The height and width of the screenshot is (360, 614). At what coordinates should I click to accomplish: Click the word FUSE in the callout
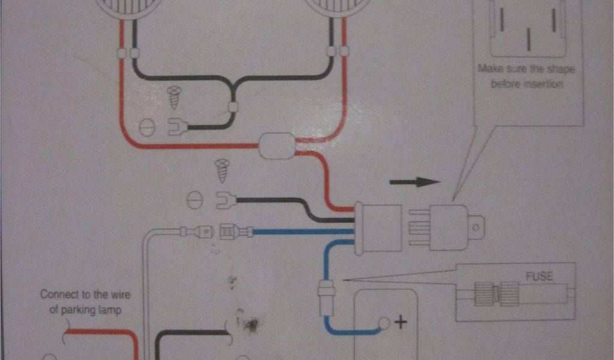(539, 277)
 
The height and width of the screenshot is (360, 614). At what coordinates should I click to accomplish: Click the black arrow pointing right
(414, 182)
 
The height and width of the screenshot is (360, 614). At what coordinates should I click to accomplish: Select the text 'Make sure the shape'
(526, 69)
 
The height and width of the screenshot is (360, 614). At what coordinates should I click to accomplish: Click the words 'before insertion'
(526, 84)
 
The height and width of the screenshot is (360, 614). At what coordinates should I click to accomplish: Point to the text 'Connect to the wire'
(85, 295)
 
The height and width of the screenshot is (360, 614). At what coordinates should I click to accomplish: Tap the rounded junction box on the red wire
(276, 146)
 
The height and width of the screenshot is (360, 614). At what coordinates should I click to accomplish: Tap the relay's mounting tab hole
(475, 227)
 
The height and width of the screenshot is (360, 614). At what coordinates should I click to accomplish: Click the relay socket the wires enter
(378, 227)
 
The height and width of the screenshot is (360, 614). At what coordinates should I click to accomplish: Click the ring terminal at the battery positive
(383, 324)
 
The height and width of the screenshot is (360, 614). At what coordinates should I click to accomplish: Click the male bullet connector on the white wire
(198, 230)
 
